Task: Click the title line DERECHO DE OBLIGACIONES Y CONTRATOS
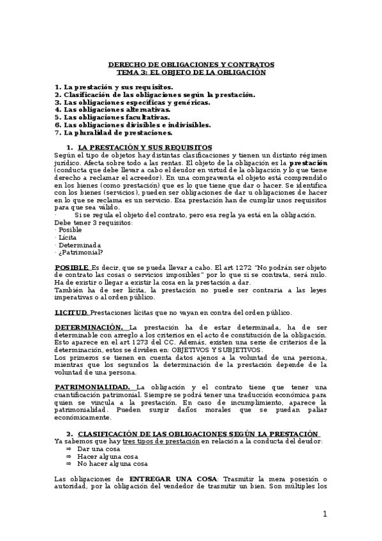pyautogui.click(x=191, y=65)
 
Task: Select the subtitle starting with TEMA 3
pyautogui.click(x=191, y=72)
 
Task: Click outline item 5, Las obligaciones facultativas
pyautogui.click(x=112, y=117)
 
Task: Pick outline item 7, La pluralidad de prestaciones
pyautogui.click(x=114, y=133)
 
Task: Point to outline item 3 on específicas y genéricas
pyautogui.click(x=132, y=102)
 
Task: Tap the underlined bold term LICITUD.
pyautogui.click(x=71, y=313)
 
